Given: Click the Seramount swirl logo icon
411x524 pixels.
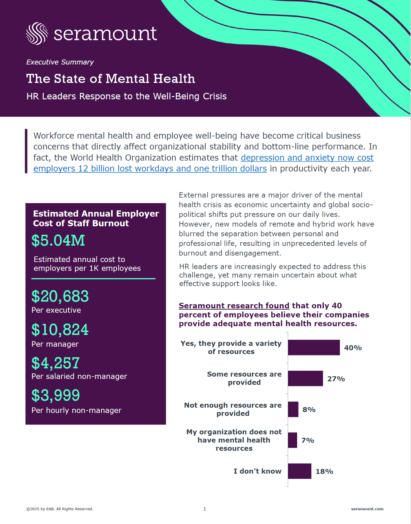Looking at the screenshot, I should [37, 33].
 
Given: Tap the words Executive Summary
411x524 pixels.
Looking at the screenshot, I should [60, 62].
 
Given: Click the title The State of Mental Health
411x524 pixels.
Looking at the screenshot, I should [111, 79].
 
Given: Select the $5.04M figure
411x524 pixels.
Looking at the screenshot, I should [58, 240].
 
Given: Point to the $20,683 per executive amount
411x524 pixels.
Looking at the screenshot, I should [60, 296].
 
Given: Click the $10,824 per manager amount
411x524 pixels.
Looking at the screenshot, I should [60, 330].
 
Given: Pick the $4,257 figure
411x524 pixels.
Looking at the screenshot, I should [56, 363].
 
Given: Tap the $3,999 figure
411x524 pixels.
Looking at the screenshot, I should [56, 395].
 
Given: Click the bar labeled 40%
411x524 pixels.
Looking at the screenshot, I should [314, 348].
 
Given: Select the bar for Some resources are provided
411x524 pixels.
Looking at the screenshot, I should [305, 378].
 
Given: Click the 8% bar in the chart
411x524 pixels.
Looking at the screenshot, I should [293, 409].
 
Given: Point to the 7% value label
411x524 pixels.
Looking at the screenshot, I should [308, 440].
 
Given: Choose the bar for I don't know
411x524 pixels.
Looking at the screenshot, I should [299, 471].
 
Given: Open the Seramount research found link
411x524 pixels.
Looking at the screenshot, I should [234, 306].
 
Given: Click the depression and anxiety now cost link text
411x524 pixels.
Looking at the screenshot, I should [307, 158].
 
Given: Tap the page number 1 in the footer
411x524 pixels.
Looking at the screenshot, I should [205, 509].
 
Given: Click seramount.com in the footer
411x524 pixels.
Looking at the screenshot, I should [367, 509].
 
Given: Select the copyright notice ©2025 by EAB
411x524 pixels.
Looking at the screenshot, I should [60, 509].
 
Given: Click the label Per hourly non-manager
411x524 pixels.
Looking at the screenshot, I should [76, 410].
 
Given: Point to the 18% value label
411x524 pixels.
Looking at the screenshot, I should [324, 471].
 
